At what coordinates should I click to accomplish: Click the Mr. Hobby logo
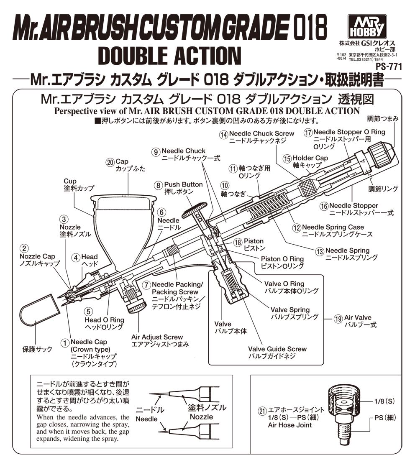[367, 26]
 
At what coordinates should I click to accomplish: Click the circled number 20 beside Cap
[110, 163]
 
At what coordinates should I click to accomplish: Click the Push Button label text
[183, 184]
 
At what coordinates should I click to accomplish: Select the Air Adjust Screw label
[157, 337]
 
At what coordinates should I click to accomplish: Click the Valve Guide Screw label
[277, 349]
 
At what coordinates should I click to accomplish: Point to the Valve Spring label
[290, 310]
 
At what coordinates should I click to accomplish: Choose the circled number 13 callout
[320, 251]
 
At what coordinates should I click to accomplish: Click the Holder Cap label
[310, 158]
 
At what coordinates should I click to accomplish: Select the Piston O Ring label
[282, 259]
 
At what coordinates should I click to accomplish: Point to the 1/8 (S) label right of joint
[384, 401]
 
